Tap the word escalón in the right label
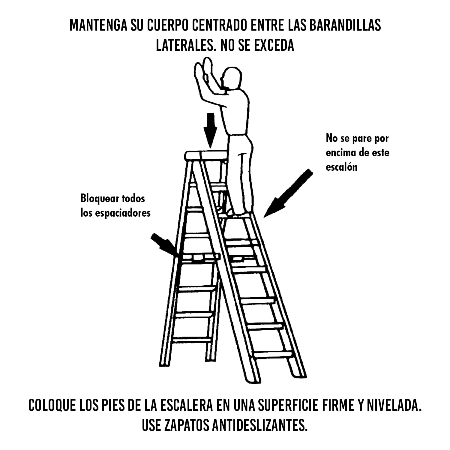pos(341,167)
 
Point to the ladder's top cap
pos(206,155)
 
